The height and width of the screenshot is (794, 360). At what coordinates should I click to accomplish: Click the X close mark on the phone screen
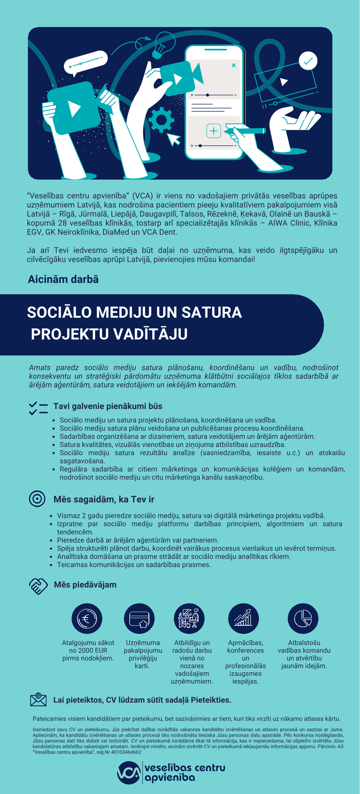point(234,65)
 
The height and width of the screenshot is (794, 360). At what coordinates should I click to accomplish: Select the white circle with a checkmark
point(308,61)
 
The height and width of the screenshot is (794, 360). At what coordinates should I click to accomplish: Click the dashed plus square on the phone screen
point(213,131)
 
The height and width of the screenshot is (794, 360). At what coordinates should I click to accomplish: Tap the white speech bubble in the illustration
point(86,62)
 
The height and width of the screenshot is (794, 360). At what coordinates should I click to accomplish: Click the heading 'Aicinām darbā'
point(63,279)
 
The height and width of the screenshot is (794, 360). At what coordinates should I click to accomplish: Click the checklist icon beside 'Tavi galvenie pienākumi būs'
point(38,408)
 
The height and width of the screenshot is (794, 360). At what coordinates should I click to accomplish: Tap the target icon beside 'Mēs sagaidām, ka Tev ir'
point(37,499)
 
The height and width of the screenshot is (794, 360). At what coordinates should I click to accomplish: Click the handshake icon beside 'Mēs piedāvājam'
point(38,586)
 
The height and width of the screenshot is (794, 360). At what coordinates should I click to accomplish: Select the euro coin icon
point(87,618)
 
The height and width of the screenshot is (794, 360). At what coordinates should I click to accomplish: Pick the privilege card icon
point(139,618)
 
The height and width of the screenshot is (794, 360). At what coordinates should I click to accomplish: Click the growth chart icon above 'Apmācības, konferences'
point(243,618)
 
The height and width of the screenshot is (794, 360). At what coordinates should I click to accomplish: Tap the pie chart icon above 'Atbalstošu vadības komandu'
point(303,618)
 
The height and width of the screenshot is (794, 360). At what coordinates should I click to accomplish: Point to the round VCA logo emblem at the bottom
point(129,773)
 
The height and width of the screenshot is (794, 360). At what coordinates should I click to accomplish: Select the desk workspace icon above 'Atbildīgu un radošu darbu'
point(189,618)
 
